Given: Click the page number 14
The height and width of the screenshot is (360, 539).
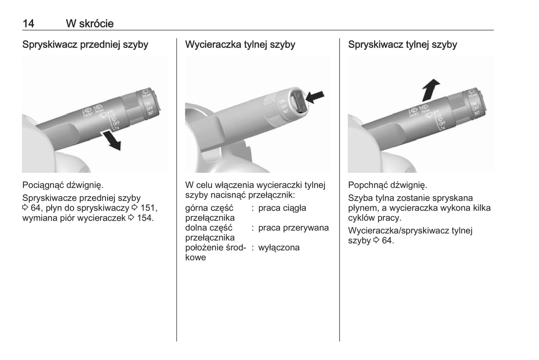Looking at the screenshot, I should tap(28, 24).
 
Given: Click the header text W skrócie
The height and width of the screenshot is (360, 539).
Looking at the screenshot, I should tap(90, 24).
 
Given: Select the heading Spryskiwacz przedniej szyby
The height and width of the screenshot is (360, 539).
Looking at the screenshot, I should tap(85, 44).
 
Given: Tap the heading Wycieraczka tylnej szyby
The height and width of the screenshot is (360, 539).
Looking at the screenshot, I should tap(240, 44).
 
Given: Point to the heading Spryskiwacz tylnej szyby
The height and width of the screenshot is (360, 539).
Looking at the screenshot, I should tap(402, 44).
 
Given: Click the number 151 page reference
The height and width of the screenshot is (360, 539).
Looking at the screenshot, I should tap(148, 208).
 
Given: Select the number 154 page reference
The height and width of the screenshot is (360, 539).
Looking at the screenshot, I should tap(145, 218).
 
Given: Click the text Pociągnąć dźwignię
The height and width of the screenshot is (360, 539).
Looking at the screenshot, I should tap(63, 185).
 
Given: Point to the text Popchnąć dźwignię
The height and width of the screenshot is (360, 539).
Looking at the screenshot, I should tap(388, 185).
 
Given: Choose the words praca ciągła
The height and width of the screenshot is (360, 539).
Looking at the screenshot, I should tap(282, 208).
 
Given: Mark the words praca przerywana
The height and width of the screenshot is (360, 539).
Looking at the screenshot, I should tap(293, 228).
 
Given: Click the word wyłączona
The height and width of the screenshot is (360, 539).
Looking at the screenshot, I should tap(279, 247).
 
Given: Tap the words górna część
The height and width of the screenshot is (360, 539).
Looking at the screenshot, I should tap(209, 208).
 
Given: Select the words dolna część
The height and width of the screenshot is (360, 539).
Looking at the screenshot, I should tap(209, 228).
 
